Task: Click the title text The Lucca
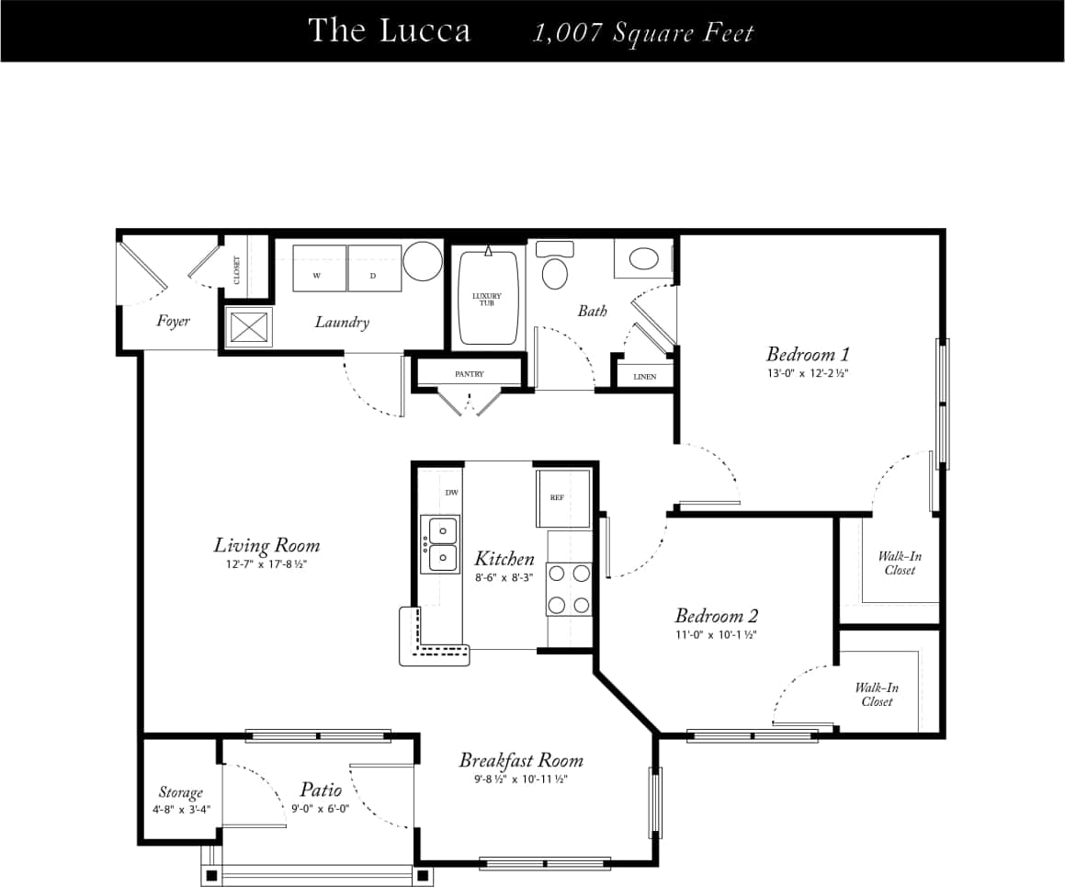click(389, 30)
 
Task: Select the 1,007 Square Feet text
click(643, 33)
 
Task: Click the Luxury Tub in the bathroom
click(487, 299)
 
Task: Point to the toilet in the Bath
click(554, 268)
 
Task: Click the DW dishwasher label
click(451, 493)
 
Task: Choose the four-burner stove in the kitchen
click(569, 588)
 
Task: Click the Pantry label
click(469, 374)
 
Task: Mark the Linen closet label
click(645, 377)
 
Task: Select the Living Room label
click(266, 545)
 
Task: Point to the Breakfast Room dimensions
click(521, 779)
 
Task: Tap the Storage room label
click(180, 792)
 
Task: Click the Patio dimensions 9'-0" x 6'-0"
click(320, 809)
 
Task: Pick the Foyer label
click(173, 321)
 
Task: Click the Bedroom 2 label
click(716, 616)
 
